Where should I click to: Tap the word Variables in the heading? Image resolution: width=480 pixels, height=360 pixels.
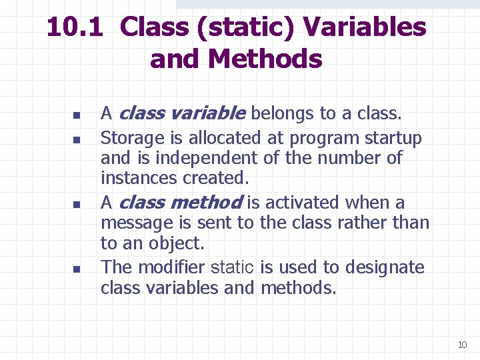(364, 27)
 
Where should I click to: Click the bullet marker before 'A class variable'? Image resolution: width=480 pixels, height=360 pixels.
(77, 115)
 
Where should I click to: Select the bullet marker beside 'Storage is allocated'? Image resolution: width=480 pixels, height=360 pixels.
(77, 140)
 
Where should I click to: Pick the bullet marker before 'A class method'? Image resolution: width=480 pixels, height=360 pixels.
(77, 204)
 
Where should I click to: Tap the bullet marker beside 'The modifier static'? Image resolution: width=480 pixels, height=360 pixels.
(77, 269)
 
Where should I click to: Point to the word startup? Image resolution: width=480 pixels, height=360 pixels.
(393, 139)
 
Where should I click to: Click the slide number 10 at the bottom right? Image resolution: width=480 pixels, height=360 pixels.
(462, 345)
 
